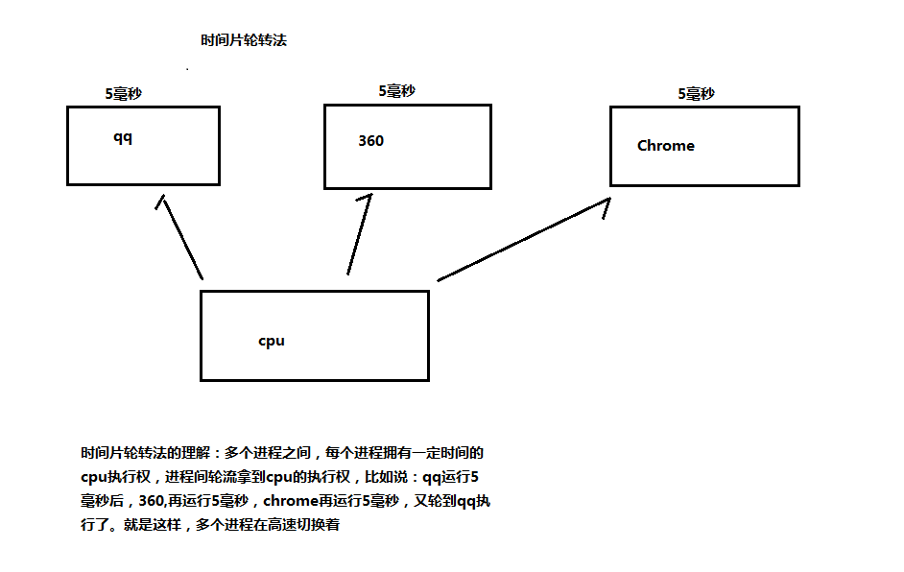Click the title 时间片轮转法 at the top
tap(244, 39)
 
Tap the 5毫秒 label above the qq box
tap(124, 93)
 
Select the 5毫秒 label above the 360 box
tap(396, 91)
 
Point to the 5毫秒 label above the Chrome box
tap(696, 93)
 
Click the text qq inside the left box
tap(123, 138)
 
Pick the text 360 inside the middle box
tap(370, 141)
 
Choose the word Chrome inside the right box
tap(666, 145)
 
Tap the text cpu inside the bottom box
tap(272, 341)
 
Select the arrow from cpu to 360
tap(360, 234)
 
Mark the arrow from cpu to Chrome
tap(523, 239)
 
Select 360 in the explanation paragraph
tap(151, 501)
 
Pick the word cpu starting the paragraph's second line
tap(94, 477)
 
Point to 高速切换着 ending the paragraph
tap(303, 525)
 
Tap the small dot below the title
tap(187, 68)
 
